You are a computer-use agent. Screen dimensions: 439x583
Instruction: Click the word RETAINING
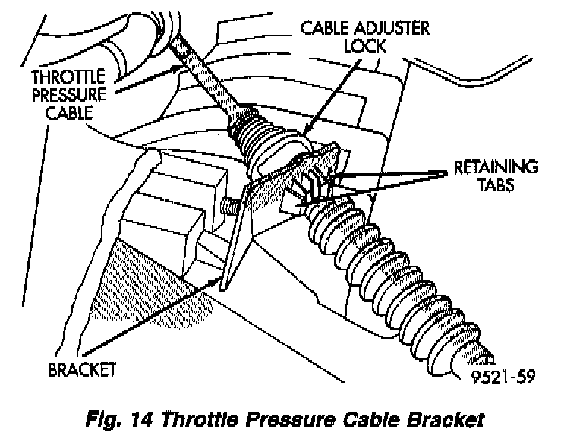tap(496, 166)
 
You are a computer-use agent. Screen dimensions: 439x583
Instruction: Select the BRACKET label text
tap(81, 371)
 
